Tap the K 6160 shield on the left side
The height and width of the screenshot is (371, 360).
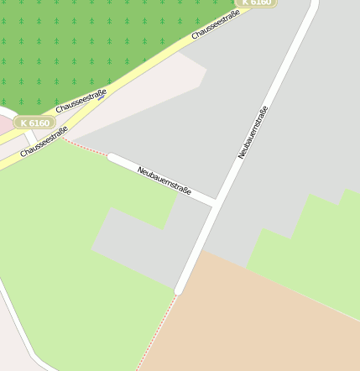click(34, 123)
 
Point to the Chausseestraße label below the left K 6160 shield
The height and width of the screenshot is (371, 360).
click(44, 141)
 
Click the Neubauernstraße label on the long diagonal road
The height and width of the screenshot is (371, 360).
click(253, 132)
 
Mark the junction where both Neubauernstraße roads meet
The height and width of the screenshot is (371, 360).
click(217, 202)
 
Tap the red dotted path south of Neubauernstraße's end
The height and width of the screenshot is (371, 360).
click(158, 331)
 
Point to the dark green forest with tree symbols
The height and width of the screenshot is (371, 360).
click(84, 42)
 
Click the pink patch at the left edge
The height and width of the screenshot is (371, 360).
click(4, 124)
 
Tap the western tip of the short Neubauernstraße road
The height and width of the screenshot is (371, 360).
click(112, 157)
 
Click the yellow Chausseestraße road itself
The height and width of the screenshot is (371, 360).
click(134, 76)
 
